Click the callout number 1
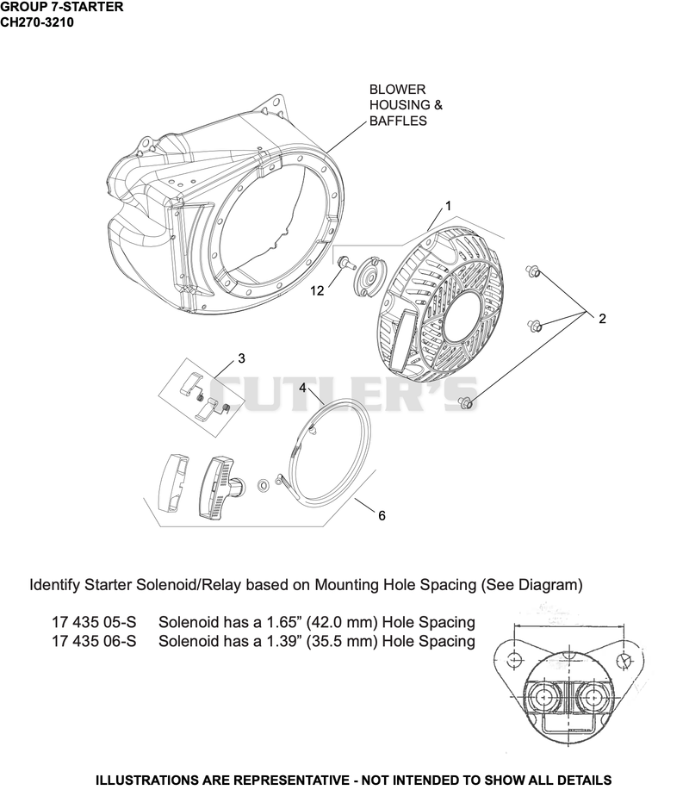[448, 206]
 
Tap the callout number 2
[602, 319]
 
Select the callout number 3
[241, 358]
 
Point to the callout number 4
[302, 388]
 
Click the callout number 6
[382, 515]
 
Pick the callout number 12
[317, 290]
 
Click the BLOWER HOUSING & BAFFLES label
[406, 105]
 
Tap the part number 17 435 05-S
[94, 622]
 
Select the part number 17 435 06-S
[94, 641]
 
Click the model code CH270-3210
[37, 22]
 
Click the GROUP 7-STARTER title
[61, 7]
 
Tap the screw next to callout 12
[344, 262]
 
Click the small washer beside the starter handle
[263, 485]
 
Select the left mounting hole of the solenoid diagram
[513, 658]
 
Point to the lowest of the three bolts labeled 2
[465, 402]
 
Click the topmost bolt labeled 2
[533, 271]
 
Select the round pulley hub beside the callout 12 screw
[368, 275]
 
